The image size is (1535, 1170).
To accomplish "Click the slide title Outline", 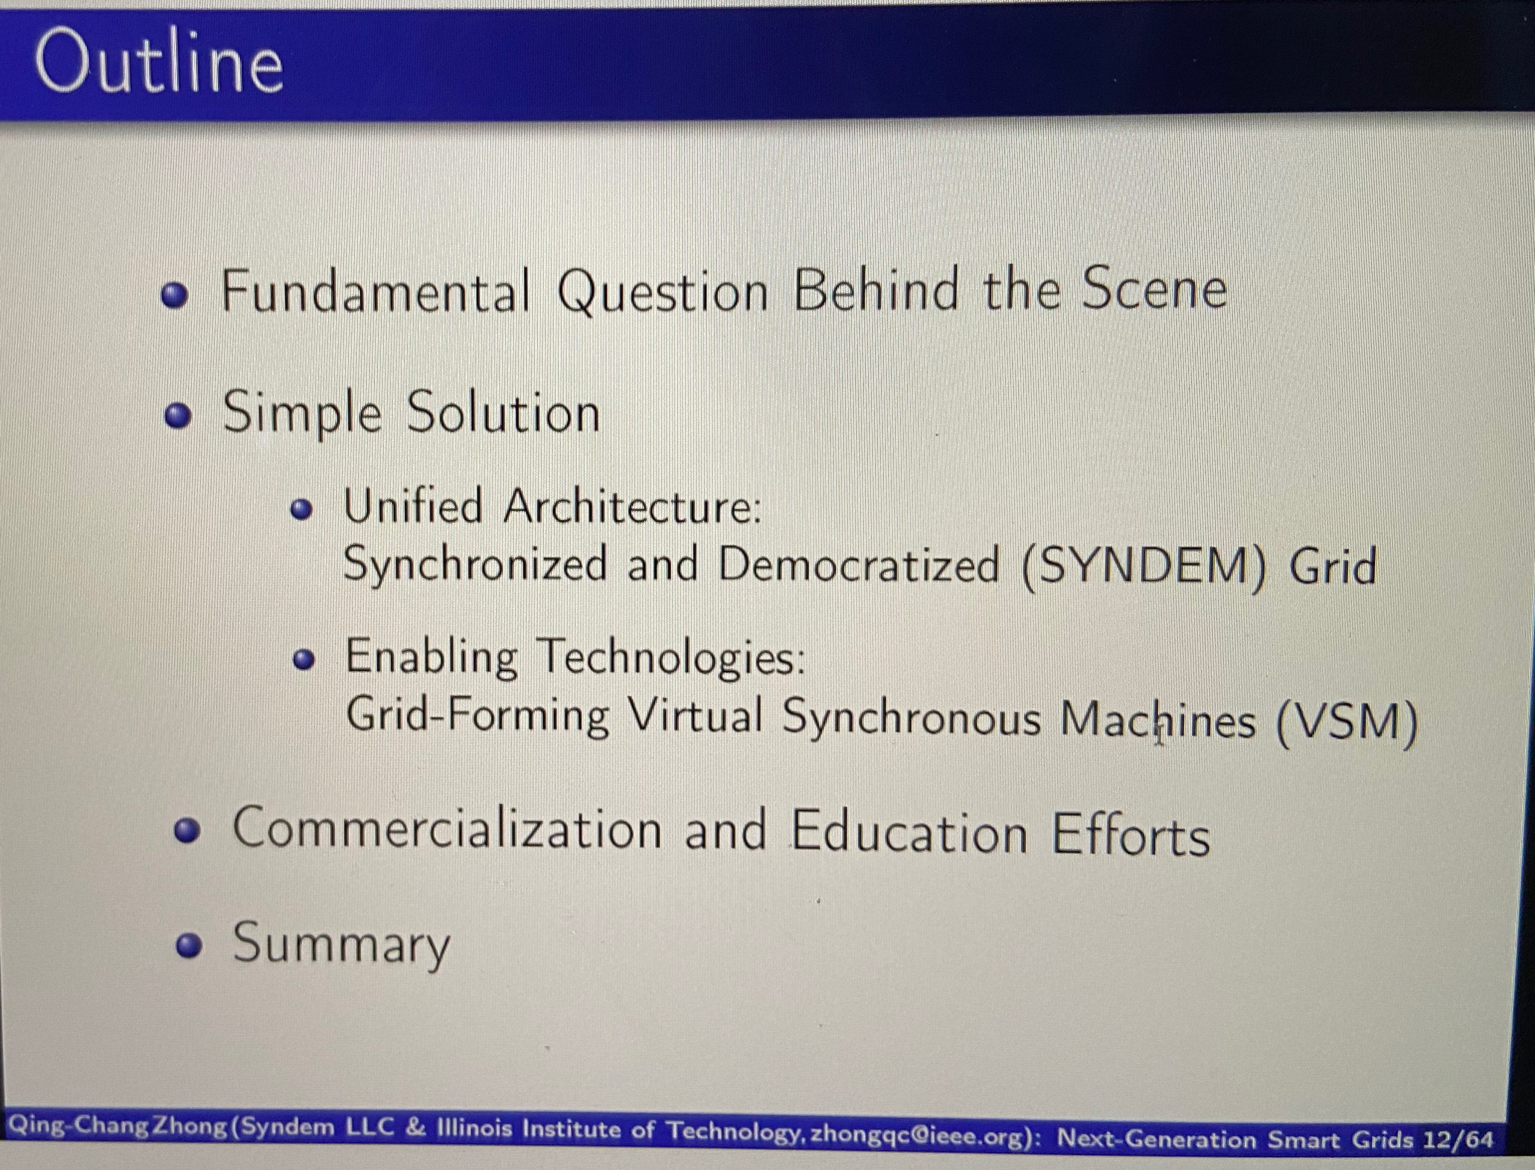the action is (x=159, y=63).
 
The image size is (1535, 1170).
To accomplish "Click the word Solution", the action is (x=502, y=412).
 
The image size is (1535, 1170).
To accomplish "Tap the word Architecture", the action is (x=633, y=507).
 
